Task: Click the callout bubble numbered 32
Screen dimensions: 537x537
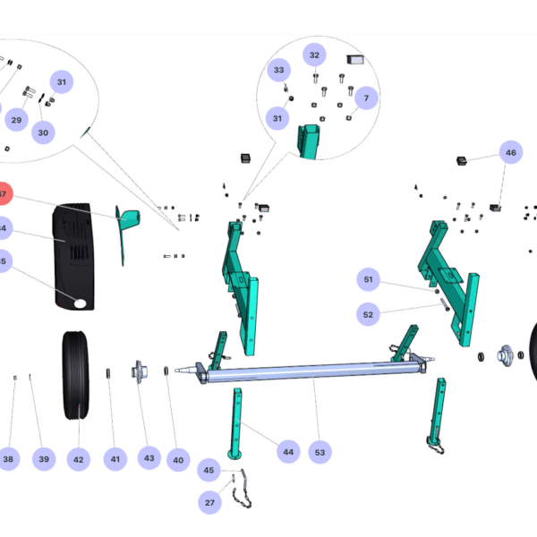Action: click(314, 55)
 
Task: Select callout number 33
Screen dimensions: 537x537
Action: click(278, 70)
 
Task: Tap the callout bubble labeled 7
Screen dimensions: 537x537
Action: click(365, 98)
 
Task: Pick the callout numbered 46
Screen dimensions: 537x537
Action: click(510, 153)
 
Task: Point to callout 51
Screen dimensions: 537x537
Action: click(368, 280)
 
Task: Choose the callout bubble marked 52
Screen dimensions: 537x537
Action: click(368, 314)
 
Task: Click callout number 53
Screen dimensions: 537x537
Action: click(320, 452)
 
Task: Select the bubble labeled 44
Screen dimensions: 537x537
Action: click(287, 452)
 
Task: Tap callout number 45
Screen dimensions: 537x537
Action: click(209, 471)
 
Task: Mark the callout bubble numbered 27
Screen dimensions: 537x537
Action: click(209, 503)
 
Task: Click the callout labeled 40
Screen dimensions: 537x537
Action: click(178, 460)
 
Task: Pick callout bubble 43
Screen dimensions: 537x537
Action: click(149, 458)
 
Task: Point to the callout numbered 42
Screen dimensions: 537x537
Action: click(78, 460)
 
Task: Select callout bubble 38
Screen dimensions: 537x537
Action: click(8, 460)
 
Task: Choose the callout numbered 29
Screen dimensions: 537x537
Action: click(16, 120)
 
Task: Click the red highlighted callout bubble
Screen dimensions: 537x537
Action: click(4, 194)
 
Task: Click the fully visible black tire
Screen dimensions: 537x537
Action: click(75, 376)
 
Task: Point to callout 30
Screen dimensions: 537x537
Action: click(43, 131)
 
